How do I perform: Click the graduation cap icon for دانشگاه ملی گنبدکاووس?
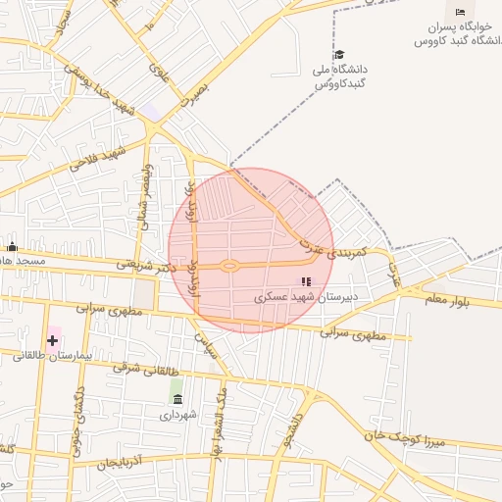(x=339, y=54)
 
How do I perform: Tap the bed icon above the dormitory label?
(x=461, y=12)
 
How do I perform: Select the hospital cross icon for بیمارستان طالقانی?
(x=52, y=339)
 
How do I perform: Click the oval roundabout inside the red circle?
(x=229, y=265)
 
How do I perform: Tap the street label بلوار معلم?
(x=449, y=299)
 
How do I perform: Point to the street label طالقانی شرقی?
(x=147, y=371)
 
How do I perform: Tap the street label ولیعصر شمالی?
(x=146, y=196)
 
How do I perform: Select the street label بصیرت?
(x=194, y=94)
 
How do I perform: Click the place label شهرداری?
(x=178, y=415)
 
